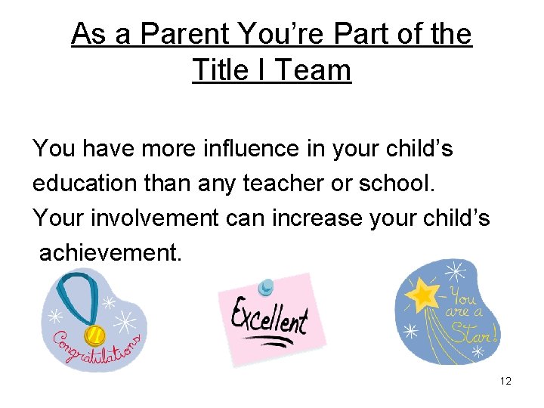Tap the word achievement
[110, 253]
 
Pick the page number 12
[505, 382]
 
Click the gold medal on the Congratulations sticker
[95, 332]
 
